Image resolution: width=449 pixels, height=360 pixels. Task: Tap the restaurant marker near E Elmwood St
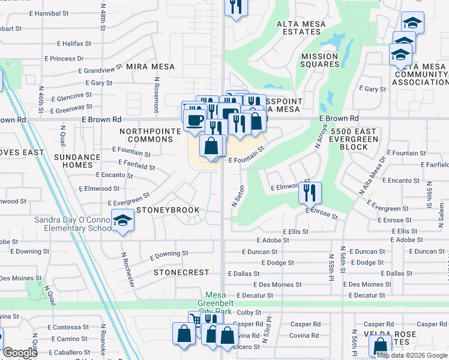point(310,193)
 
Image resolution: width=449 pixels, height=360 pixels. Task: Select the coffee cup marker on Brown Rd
point(194,119)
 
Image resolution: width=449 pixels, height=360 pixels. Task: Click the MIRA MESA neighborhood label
point(150,67)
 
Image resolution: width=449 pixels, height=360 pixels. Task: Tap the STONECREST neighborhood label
point(181,272)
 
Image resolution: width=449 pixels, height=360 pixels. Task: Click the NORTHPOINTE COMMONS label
point(146,136)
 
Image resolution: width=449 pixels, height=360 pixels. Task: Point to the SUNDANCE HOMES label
point(74,161)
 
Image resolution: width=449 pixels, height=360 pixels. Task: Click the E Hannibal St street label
point(62,13)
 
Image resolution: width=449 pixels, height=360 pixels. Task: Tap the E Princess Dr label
point(64,59)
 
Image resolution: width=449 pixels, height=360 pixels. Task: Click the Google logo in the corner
point(20,353)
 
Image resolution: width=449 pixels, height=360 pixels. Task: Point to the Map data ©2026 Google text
point(412,355)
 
